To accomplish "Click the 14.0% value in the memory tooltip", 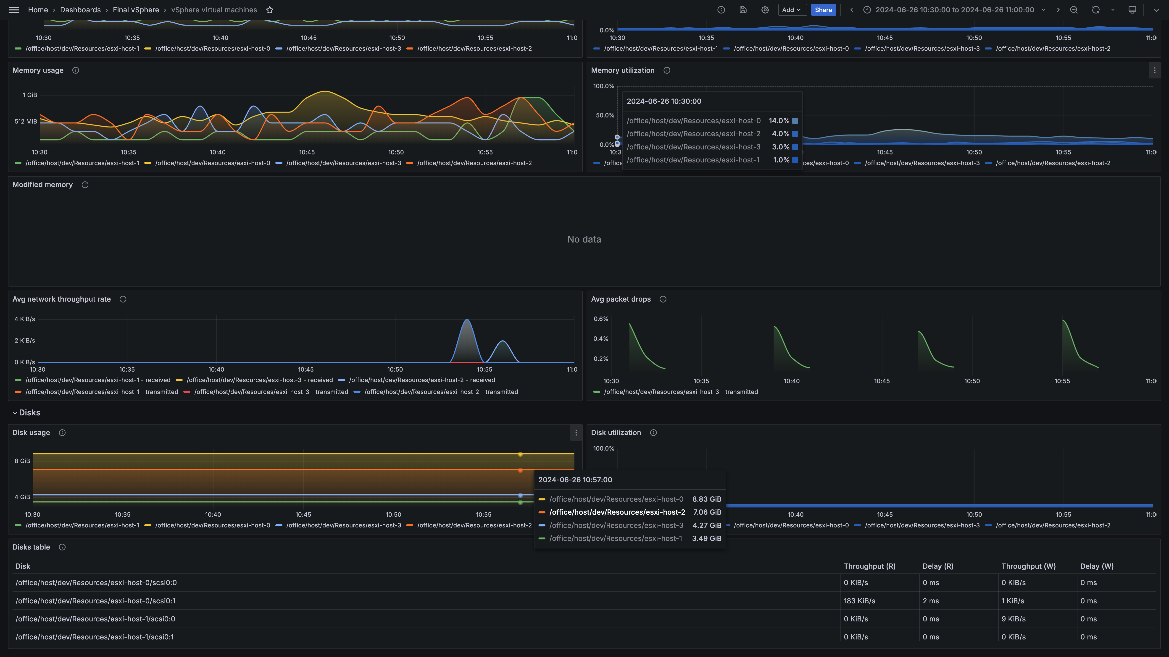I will tap(779, 121).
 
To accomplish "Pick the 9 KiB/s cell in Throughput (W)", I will tap(1013, 619).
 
